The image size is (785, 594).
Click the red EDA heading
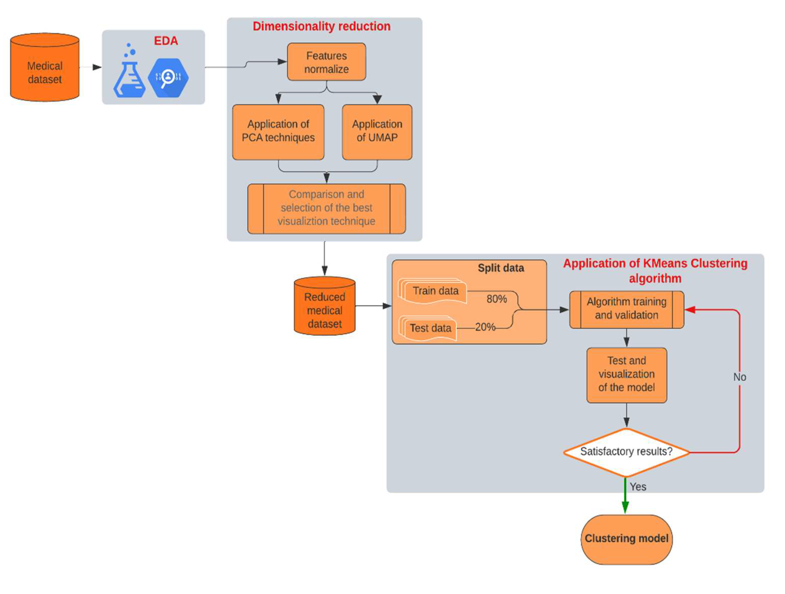(166, 41)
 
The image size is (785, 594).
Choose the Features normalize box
(326, 62)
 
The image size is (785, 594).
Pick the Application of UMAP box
(377, 131)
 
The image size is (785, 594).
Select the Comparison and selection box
(326, 208)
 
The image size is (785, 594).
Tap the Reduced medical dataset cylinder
(324, 309)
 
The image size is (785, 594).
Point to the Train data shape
(435, 291)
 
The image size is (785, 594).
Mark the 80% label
(496, 299)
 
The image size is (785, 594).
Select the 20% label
(485, 327)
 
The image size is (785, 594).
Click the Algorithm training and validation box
(626, 309)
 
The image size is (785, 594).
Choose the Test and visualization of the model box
(626, 374)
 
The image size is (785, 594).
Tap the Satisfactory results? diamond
(626, 452)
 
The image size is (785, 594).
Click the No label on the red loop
(740, 377)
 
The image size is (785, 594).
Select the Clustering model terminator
(626, 539)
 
